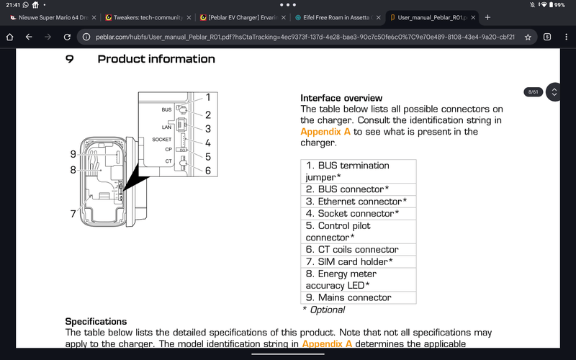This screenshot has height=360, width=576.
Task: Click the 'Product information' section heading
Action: pos(156,59)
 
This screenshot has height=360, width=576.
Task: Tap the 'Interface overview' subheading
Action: pos(341,98)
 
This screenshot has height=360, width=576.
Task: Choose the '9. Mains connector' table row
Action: pos(348,297)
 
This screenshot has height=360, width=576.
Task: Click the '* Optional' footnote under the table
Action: pos(323,310)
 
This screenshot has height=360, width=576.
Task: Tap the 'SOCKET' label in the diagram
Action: pos(162,139)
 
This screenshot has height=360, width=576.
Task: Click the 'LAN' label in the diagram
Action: pos(166,126)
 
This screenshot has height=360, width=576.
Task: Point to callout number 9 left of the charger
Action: pos(73,154)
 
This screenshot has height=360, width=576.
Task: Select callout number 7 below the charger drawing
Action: pos(73,214)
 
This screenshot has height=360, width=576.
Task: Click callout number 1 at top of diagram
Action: pos(207,97)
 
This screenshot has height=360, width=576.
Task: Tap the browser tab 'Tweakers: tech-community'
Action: pos(148,17)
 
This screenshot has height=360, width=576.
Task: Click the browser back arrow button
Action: pos(29,36)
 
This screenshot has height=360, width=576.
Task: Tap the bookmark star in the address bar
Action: pos(528,36)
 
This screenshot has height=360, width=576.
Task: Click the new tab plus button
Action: pos(487,17)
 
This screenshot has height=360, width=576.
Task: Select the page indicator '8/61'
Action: pos(534,92)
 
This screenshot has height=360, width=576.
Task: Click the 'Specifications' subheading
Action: pos(96,321)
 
